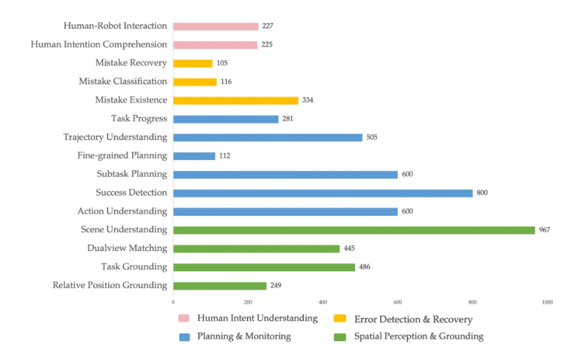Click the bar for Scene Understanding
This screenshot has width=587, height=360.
click(x=354, y=230)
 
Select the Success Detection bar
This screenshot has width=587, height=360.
click(x=323, y=193)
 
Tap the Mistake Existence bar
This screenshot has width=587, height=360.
click(x=235, y=100)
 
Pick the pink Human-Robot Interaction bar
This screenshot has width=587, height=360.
click(x=215, y=27)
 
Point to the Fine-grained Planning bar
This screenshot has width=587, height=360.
click(x=194, y=156)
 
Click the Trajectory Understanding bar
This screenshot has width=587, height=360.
click(x=267, y=137)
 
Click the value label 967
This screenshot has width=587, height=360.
click(x=544, y=230)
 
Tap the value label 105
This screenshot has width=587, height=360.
click(x=222, y=63)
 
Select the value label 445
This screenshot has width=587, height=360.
click(x=349, y=248)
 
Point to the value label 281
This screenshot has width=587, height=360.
click(x=288, y=119)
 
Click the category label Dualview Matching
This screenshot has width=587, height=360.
click(x=127, y=248)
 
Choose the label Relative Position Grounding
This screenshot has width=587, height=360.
click(x=110, y=285)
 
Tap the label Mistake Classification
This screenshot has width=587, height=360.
click(x=123, y=81)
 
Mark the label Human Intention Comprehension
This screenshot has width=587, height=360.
click(x=99, y=44)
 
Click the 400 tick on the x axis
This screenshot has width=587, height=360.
click(x=323, y=302)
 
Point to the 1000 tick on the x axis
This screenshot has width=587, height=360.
click(x=547, y=302)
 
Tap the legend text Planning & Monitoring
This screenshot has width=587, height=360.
click(x=244, y=337)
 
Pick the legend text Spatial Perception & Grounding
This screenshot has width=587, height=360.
click(x=419, y=337)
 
